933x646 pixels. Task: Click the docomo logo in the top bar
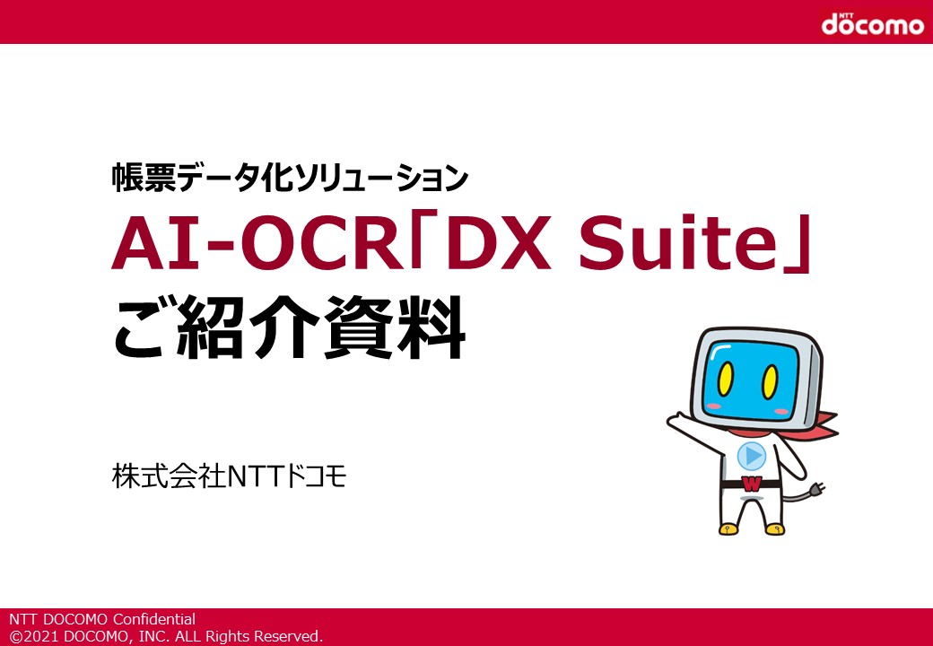click(872, 23)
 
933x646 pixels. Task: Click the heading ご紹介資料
click(289, 327)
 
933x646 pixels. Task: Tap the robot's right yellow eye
click(770, 381)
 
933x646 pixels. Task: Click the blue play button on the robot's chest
click(752, 457)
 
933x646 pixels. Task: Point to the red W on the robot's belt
click(752, 484)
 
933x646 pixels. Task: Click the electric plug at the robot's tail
click(815, 489)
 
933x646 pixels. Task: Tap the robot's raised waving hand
click(677, 421)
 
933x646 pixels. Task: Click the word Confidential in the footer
click(154, 619)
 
